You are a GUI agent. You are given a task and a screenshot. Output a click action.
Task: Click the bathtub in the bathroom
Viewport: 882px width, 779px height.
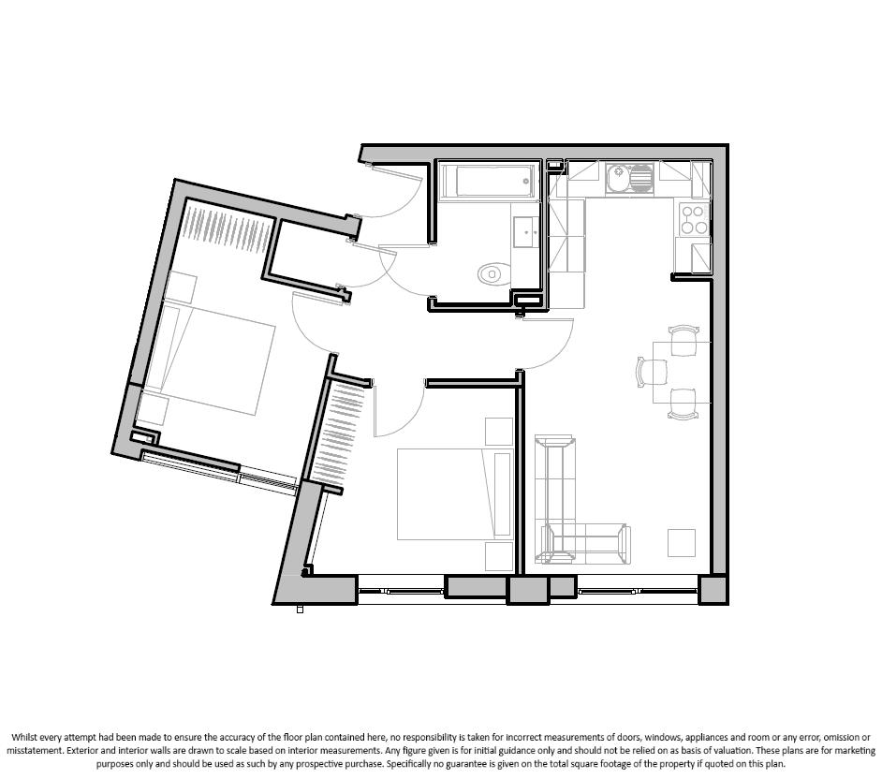[x=487, y=182]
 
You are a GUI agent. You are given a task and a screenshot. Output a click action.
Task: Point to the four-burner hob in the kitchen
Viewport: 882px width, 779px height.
[x=693, y=219]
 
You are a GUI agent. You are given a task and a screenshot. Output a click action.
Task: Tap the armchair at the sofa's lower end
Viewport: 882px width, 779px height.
[x=585, y=543]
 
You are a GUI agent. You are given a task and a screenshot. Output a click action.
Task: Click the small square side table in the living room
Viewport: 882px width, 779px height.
[x=681, y=543]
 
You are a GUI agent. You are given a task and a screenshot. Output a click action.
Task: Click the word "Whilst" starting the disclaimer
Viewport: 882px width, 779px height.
[x=25, y=737]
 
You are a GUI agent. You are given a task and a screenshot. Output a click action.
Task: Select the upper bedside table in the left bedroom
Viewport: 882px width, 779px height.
[x=181, y=287]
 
